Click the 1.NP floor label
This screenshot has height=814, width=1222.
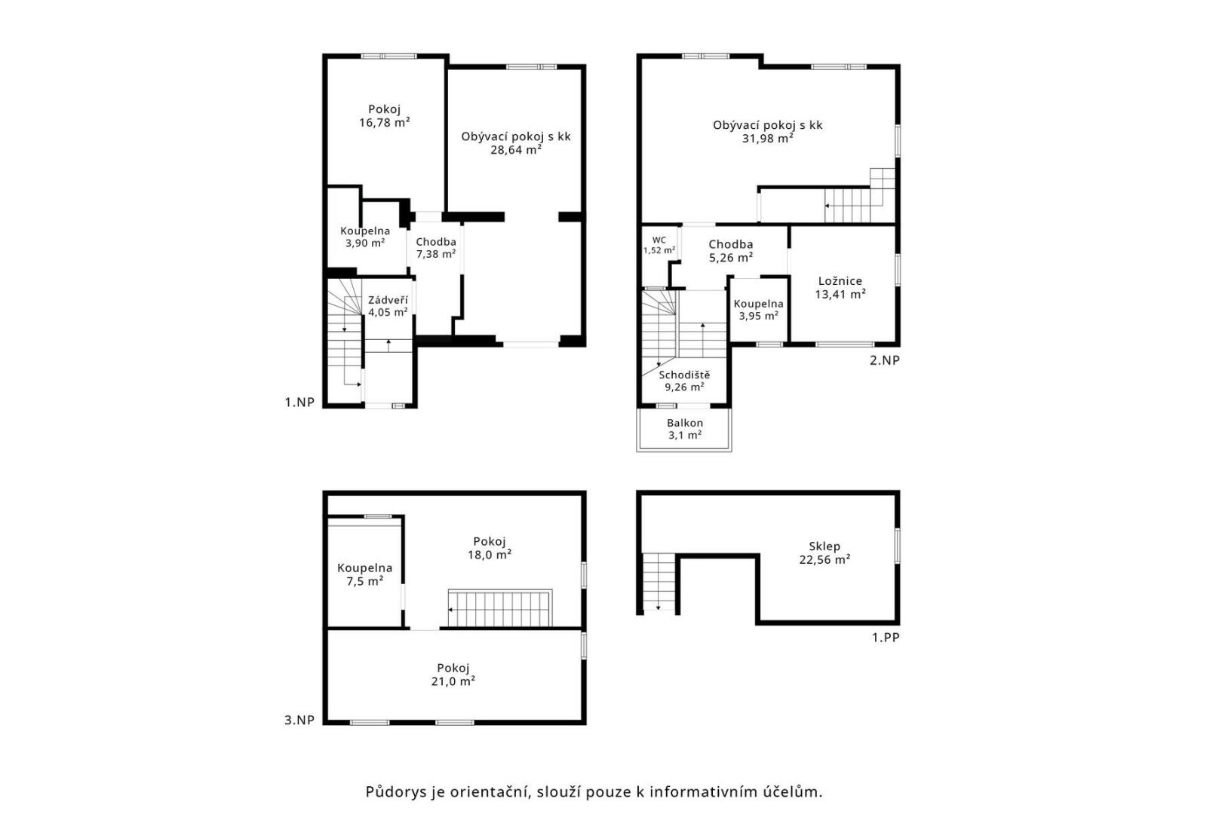point(299,402)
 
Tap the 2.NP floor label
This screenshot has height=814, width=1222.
point(884,360)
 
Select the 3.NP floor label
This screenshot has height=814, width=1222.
point(299,720)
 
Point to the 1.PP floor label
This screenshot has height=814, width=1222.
point(886,637)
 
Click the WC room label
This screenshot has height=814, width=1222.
point(659,240)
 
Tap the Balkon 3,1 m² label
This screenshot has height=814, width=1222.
point(685,429)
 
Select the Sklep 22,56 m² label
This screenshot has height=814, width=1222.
point(824,552)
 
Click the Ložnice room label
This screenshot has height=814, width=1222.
point(840,281)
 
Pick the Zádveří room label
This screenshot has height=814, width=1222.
point(387,300)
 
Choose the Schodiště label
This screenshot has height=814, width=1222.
point(684,375)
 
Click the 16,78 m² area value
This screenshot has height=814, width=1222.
point(384,123)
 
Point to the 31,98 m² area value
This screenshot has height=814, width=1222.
point(767,139)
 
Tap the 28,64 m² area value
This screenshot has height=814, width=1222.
point(515,150)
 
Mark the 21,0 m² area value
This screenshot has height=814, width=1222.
point(453,681)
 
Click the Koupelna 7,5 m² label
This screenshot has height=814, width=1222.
point(364,574)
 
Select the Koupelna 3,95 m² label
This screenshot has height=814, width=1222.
point(758,310)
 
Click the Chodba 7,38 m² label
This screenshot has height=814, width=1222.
point(436,247)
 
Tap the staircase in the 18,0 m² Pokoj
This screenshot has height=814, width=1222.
point(499,608)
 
